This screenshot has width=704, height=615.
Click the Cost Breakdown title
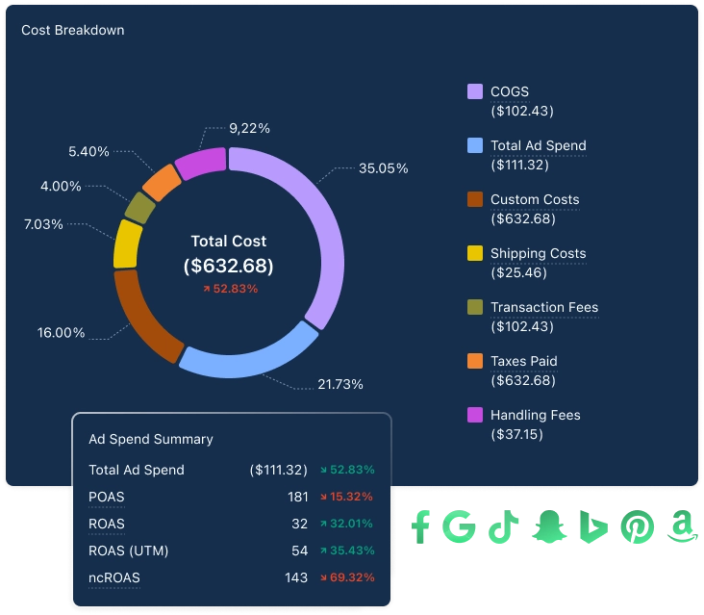(72, 30)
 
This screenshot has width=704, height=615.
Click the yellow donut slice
(127, 243)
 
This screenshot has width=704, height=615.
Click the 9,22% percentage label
(249, 127)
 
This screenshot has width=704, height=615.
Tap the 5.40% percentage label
(88, 151)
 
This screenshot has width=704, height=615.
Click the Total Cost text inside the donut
(229, 241)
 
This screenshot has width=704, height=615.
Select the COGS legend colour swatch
(474, 91)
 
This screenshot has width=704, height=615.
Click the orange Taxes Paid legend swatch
(474, 361)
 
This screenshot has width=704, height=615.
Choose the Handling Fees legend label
(535, 415)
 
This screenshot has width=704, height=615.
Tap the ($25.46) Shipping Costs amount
(518, 272)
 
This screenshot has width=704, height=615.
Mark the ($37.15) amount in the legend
(516, 434)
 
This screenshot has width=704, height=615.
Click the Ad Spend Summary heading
(151, 439)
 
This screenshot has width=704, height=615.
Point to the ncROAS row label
(113, 577)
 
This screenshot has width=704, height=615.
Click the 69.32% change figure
(351, 577)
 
